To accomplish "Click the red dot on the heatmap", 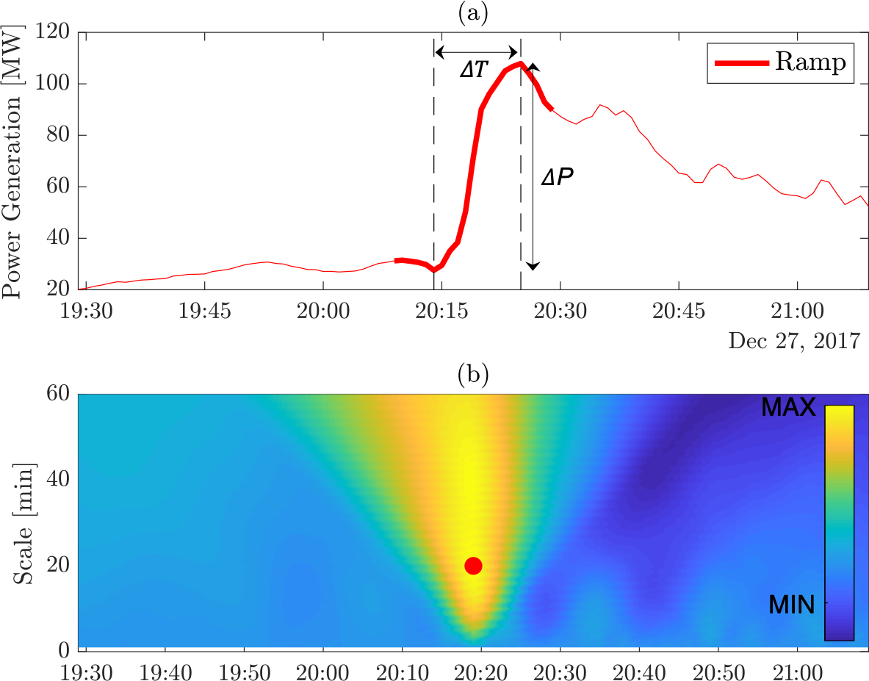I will (473, 565).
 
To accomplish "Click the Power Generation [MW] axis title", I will (12, 161).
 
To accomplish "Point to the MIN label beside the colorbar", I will (792, 605).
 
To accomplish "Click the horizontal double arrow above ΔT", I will (477, 51).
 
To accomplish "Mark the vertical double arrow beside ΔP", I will (534, 166).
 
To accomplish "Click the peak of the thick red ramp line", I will (520, 64).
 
